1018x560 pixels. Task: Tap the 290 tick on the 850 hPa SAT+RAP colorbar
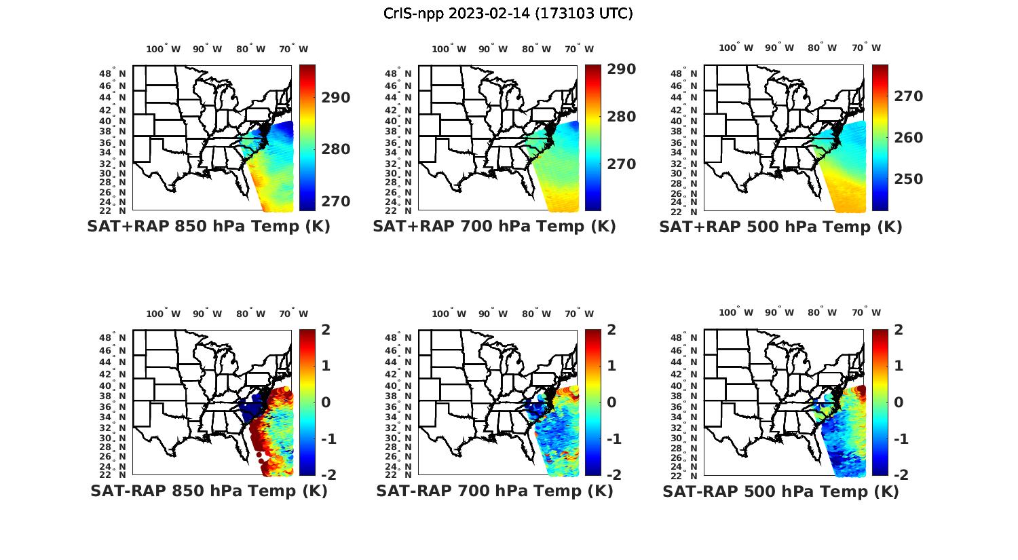[x=336, y=98]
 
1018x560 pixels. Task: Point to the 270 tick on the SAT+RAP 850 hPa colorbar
[x=336, y=202]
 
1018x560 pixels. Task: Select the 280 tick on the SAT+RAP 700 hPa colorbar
[x=622, y=117]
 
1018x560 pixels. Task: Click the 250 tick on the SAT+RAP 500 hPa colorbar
[x=907, y=179]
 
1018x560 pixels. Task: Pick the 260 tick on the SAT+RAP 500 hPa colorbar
[x=907, y=138]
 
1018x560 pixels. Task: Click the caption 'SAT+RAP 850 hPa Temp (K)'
[x=208, y=227]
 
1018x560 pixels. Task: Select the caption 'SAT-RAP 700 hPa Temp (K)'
[x=495, y=491]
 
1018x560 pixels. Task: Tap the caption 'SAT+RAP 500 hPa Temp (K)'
[x=780, y=227]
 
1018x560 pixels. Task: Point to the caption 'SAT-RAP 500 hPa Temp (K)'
[x=780, y=491]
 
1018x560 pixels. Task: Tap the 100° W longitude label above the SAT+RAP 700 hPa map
[x=449, y=49]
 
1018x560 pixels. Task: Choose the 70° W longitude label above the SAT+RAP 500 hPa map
[x=867, y=48]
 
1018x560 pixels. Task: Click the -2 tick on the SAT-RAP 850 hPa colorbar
[x=328, y=474]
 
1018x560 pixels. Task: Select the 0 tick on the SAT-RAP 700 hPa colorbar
[x=612, y=402]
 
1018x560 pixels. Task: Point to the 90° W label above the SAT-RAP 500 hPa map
[x=778, y=313]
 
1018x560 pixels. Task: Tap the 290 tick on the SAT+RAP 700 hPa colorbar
[x=622, y=69]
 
